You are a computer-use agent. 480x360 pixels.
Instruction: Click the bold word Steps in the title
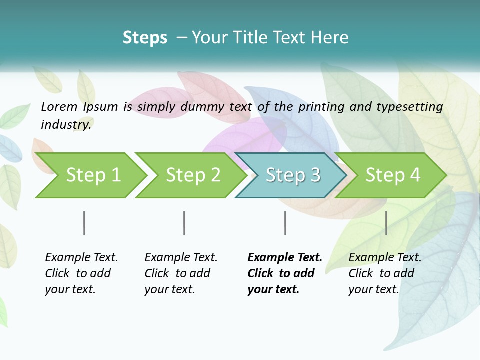[x=145, y=38]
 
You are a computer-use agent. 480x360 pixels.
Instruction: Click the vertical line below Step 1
[x=84, y=223]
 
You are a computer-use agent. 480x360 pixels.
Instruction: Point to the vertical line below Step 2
[x=184, y=223]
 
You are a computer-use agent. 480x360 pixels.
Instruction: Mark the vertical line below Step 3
[x=285, y=223]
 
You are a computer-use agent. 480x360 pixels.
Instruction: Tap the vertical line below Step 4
[x=386, y=223]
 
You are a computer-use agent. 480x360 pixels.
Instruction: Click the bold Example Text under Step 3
[x=285, y=257]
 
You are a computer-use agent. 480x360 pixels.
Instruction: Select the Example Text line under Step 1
[x=81, y=257]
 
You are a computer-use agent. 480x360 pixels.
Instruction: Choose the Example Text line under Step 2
[x=181, y=257]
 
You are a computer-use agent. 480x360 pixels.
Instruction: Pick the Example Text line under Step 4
[x=385, y=257]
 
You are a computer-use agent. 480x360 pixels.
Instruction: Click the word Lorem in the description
[x=59, y=107]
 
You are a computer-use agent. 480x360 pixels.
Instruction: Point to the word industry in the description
[x=66, y=125]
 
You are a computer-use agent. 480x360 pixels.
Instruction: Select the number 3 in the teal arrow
[x=315, y=175]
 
